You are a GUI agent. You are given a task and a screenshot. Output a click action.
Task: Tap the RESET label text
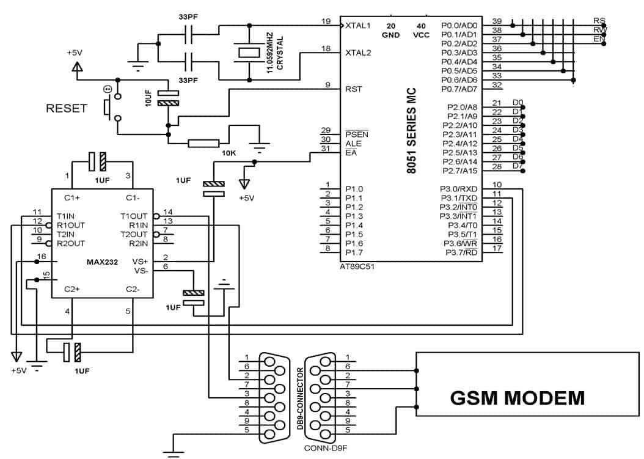(x=67, y=109)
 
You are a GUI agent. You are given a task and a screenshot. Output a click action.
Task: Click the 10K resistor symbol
(x=203, y=144)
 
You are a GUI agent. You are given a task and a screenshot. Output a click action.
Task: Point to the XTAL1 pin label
(x=358, y=26)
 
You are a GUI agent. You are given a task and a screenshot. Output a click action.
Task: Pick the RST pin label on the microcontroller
(x=354, y=89)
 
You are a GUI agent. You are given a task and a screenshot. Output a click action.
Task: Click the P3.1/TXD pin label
(x=460, y=198)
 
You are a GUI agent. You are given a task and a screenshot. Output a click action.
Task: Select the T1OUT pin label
(x=134, y=216)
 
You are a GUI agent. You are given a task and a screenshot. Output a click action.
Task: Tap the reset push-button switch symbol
(x=108, y=108)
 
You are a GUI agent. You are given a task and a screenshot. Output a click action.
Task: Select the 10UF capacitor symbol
(x=168, y=98)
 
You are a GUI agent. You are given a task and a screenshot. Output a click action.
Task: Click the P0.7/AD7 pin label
(x=459, y=89)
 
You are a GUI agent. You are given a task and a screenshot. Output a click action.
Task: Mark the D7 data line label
(x=517, y=166)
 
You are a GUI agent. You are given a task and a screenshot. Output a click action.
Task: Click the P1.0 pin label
(x=354, y=189)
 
